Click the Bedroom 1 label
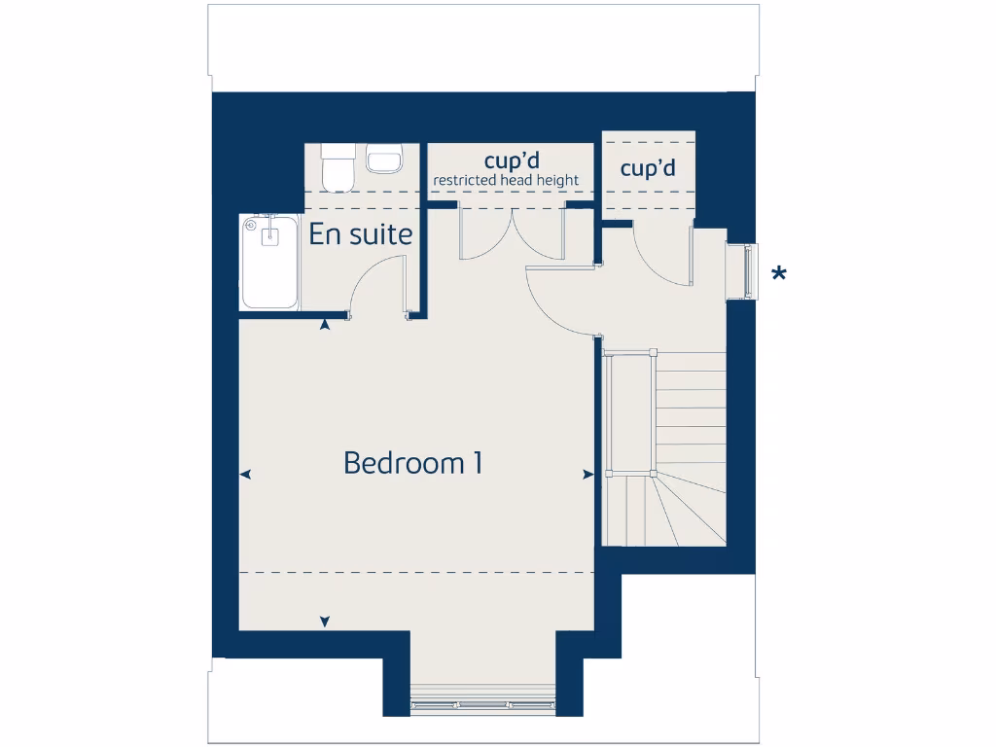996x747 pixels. click(413, 463)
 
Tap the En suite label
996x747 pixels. click(361, 234)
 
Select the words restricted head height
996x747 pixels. click(506, 180)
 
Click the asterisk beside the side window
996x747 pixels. click(778, 274)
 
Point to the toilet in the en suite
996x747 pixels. click(338, 167)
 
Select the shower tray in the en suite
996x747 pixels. click(269, 262)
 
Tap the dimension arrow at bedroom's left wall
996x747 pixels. click(245, 475)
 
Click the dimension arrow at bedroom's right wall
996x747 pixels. click(587, 475)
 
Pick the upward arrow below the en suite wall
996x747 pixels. click(325, 326)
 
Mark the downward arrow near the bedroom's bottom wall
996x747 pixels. click(325, 622)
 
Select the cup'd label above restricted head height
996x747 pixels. click(512, 160)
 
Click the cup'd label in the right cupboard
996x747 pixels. click(648, 168)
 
